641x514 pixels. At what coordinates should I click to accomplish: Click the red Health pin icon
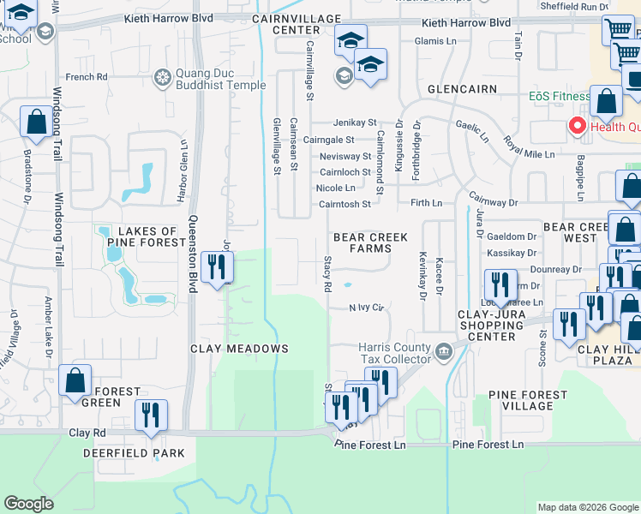577,127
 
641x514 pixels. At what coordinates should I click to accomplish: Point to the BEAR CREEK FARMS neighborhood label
370,242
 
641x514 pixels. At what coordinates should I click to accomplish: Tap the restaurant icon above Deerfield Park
152,415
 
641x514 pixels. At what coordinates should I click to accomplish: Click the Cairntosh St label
344,204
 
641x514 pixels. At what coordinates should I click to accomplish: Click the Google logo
28,504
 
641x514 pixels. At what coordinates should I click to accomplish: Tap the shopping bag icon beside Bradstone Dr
37,123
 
